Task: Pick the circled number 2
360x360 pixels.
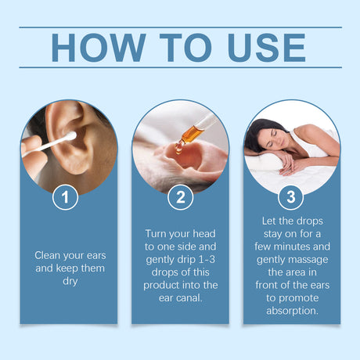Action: click(x=180, y=198)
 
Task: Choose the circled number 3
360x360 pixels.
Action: click(x=291, y=198)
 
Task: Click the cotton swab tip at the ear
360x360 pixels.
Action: click(x=70, y=135)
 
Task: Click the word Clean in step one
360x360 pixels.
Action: click(x=49, y=254)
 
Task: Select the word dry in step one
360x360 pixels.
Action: click(x=69, y=281)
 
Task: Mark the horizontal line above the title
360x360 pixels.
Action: click(x=180, y=27)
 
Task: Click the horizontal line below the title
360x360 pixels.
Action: click(x=180, y=67)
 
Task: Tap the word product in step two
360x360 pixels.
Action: click(x=162, y=286)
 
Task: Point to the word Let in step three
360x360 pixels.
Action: click(x=269, y=220)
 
